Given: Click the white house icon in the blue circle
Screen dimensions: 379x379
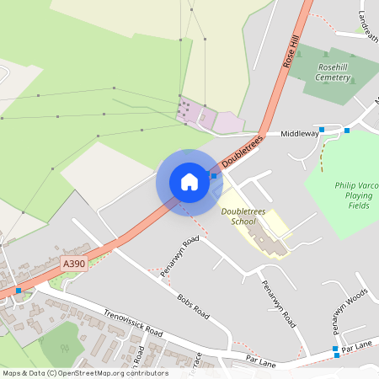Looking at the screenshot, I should tap(189, 181).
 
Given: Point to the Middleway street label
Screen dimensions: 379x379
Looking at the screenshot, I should tap(300, 133).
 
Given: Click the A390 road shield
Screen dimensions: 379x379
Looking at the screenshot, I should tap(73, 264).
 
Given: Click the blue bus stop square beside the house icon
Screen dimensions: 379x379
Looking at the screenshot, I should tap(214, 176).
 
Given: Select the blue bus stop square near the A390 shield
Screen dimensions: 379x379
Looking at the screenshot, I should tap(19, 291).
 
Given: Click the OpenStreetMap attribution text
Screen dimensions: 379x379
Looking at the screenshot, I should tap(84, 373).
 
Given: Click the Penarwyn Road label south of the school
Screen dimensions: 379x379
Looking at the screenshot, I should tap(278, 304).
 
